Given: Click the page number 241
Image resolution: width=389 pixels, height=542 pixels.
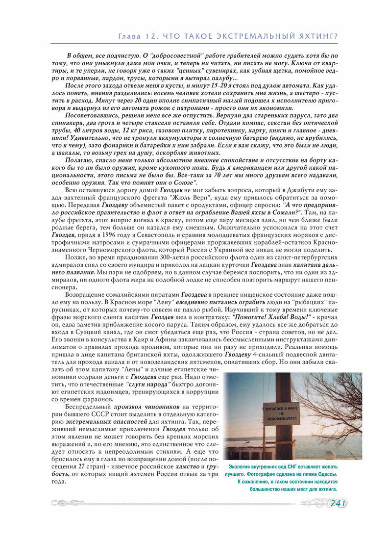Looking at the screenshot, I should point(338,503).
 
